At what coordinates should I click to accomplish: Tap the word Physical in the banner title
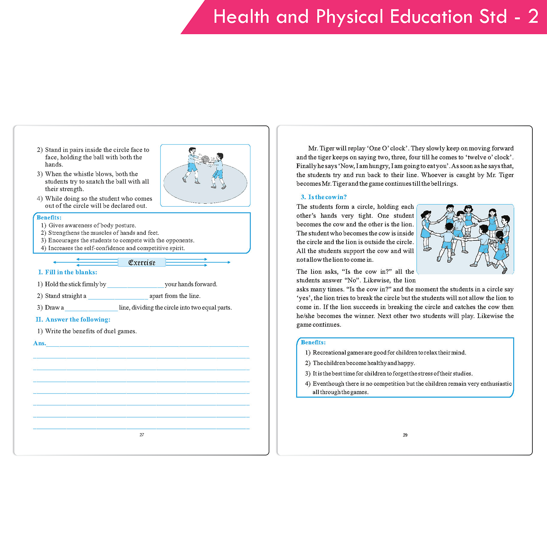click(x=349, y=17)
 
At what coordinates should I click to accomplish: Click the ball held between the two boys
click(x=205, y=160)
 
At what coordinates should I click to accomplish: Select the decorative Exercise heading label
click(x=142, y=263)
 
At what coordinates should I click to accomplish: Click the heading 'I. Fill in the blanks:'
click(x=68, y=272)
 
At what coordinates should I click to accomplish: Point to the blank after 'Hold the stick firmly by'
click(x=135, y=285)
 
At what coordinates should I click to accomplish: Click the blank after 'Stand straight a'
click(x=118, y=296)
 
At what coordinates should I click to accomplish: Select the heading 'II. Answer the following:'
click(x=73, y=320)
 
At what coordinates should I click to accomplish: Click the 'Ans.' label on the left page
click(x=39, y=343)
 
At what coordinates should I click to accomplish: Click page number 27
click(x=142, y=435)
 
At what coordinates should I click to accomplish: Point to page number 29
click(x=405, y=435)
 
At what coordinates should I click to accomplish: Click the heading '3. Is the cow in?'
click(x=324, y=197)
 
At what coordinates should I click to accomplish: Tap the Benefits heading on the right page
click(x=313, y=342)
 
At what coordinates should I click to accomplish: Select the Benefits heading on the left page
click(x=49, y=218)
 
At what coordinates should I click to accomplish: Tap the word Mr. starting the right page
click(x=313, y=148)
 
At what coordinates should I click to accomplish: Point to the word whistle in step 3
click(x=83, y=174)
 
